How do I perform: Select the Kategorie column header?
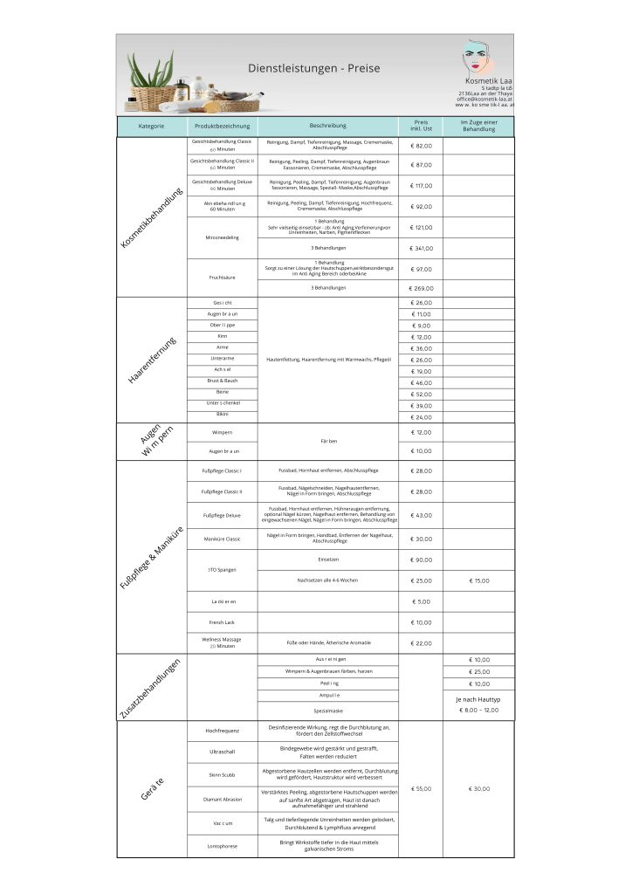pos(151,127)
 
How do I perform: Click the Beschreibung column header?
pos(327,127)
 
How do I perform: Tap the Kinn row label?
pos(222,336)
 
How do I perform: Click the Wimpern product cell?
pos(222,433)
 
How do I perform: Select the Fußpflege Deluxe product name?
pos(222,515)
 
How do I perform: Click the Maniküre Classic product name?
pos(222,539)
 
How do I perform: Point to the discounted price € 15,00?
pos(478,580)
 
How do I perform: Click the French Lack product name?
pos(222,622)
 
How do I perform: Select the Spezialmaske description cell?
pos(327,711)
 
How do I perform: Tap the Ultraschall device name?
pos(222,751)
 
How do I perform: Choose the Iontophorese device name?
pos(222,846)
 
